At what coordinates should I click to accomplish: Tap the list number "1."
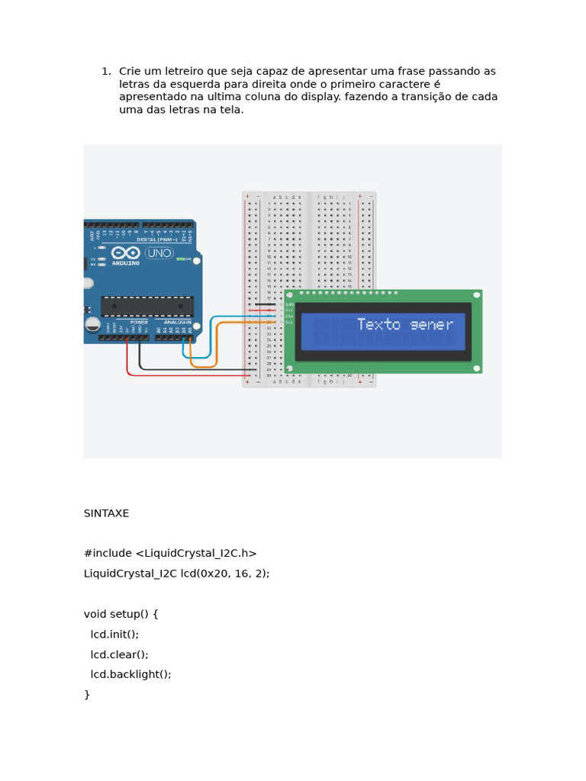(x=106, y=71)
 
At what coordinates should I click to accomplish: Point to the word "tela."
(x=230, y=110)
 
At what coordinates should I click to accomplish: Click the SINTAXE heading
(x=106, y=513)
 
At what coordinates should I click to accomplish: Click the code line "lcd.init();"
(x=114, y=634)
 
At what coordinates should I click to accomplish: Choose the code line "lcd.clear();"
(x=119, y=654)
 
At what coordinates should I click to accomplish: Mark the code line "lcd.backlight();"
(x=130, y=674)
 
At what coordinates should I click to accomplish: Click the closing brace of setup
(x=87, y=694)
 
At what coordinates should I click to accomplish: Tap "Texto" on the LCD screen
(x=378, y=325)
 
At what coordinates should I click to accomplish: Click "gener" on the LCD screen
(x=431, y=325)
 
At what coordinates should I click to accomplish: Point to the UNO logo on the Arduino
(x=159, y=252)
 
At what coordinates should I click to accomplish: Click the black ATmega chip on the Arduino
(x=146, y=307)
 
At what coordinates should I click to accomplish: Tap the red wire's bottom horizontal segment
(x=191, y=374)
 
